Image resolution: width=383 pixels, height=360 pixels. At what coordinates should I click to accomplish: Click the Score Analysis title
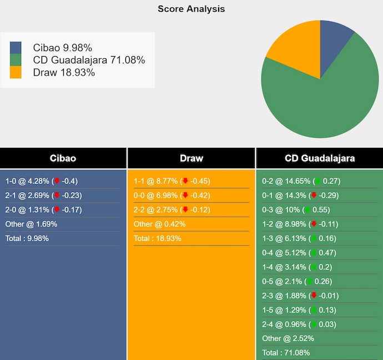coord(191,9)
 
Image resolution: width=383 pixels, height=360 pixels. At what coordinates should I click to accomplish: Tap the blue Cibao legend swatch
coord(16,47)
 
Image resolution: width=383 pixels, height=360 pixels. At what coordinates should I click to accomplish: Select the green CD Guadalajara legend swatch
coord(16,60)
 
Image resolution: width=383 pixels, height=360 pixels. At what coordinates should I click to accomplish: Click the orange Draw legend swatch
coord(16,72)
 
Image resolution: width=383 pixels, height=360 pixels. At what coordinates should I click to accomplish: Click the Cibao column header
coord(63,158)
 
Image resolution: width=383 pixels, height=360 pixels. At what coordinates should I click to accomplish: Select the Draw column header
coord(191,158)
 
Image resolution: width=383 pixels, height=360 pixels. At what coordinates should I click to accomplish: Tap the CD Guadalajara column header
coord(320,158)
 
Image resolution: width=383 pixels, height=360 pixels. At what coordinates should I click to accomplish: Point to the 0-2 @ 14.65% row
coord(301,181)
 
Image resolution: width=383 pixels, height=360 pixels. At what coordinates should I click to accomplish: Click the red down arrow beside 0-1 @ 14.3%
coord(314,196)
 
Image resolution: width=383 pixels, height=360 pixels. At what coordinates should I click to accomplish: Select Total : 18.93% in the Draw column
coord(158,238)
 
